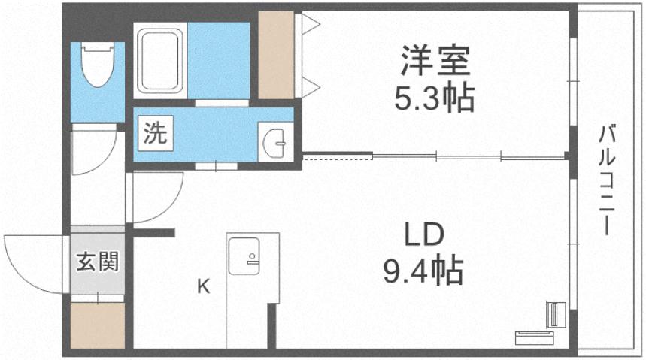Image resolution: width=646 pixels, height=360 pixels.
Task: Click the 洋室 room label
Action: pos(435,59)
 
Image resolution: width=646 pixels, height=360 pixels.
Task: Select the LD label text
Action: pos(426,235)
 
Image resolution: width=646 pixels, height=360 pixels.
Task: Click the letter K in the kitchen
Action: pos(203,286)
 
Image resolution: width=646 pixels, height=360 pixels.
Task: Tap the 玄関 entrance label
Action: pos(97,262)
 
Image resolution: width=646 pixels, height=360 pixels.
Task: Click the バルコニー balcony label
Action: pos(608,180)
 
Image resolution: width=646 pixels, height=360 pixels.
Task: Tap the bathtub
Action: pos(160,61)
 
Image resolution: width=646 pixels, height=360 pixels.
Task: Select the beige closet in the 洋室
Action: pos(275,55)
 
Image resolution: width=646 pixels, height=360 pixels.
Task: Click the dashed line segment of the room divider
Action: pos(337,157)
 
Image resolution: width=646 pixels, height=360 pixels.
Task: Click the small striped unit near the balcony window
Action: pos(555,313)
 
